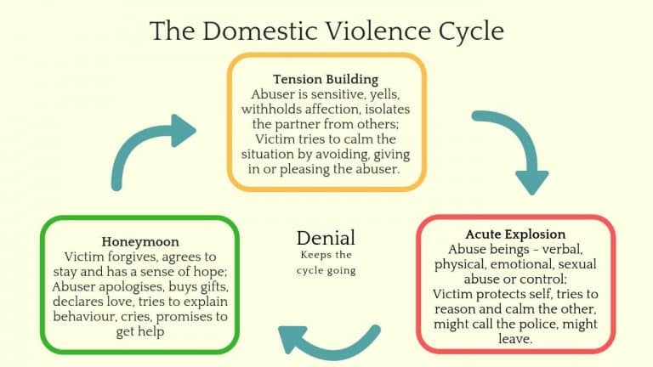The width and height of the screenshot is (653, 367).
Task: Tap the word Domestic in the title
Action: point(253,31)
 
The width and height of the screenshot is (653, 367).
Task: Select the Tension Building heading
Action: point(326,79)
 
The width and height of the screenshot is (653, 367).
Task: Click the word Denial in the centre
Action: point(326,239)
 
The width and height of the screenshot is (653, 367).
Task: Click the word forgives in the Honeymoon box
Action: point(129,257)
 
